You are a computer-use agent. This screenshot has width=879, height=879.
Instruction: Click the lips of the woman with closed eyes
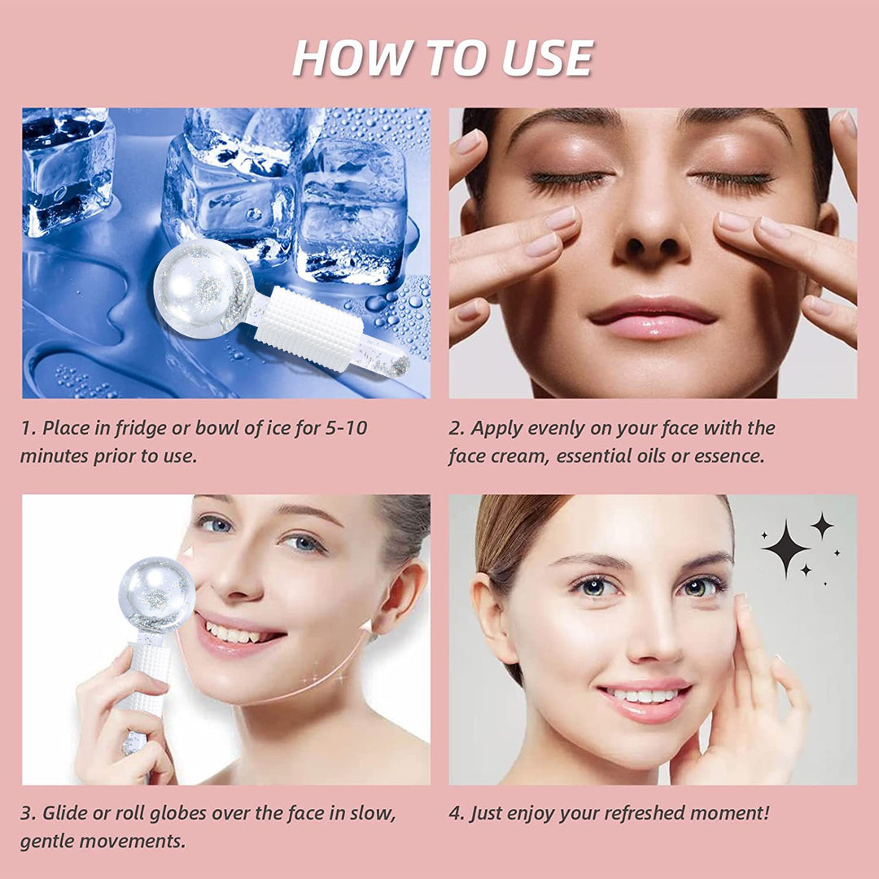[652, 318]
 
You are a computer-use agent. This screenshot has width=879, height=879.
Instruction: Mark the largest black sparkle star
[785, 549]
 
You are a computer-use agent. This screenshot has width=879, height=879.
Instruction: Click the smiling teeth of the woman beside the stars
[645, 697]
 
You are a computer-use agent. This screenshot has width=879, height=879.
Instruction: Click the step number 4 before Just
[454, 812]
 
